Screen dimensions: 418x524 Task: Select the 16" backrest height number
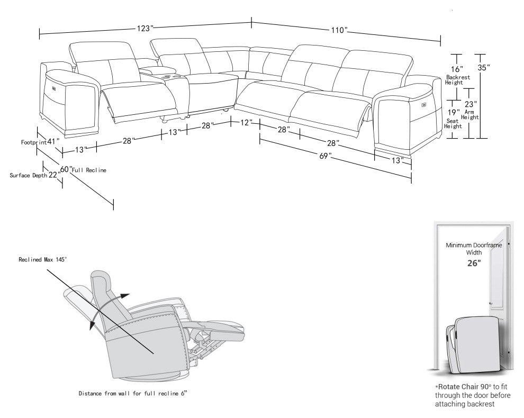456,69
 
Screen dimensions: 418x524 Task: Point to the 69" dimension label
325,156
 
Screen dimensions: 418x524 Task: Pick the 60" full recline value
66,169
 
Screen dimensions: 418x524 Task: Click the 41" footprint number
52,141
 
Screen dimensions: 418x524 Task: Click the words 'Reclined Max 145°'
43,259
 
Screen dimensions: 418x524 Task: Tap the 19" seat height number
454,112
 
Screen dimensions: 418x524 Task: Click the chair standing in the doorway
473,341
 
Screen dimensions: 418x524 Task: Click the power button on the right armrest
424,104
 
